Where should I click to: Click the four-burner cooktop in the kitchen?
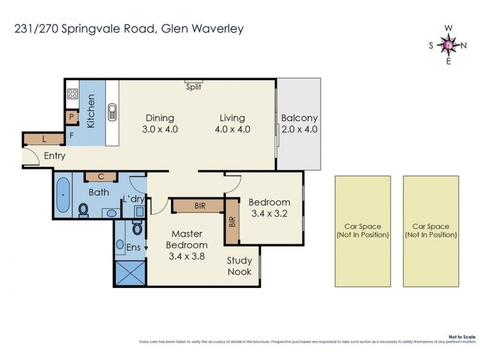(73, 94)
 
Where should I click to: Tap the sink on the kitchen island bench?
(112, 111)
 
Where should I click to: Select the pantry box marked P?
(71, 117)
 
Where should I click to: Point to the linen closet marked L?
(45, 139)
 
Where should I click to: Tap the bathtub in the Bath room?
(63, 196)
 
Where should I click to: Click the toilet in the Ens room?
(137, 228)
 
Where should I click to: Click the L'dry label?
(133, 199)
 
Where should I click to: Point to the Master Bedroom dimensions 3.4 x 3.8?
(190, 256)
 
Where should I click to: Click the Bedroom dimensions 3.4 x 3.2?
(269, 213)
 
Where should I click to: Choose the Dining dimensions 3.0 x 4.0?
(159, 129)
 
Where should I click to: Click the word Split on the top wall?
(193, 87)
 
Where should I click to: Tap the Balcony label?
(299, 118)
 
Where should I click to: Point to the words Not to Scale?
(462, 337)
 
